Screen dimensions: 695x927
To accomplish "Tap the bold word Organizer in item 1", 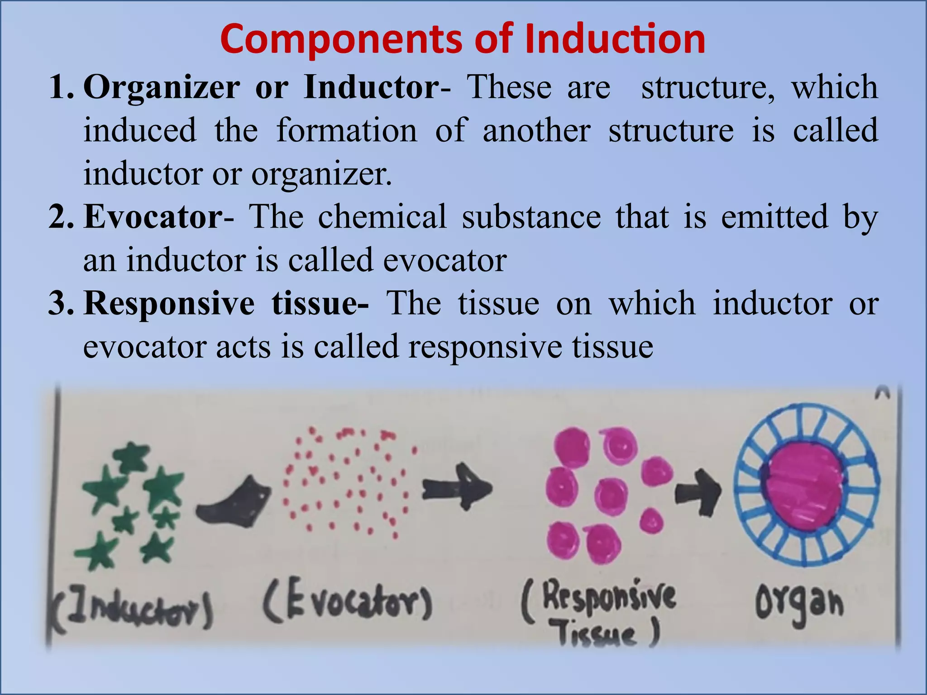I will coord(162,87).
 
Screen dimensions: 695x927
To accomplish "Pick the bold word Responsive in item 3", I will coord(169,303).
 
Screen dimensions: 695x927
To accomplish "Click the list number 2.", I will coord(61,217).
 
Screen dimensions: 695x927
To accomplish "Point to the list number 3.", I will coord(61,303).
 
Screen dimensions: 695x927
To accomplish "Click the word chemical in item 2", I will coord(382,217).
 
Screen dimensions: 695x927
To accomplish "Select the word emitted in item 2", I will coord(774,217).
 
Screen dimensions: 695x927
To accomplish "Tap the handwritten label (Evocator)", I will coord(347,604).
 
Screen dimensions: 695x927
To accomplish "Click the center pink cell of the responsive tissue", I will coord(611,495).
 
